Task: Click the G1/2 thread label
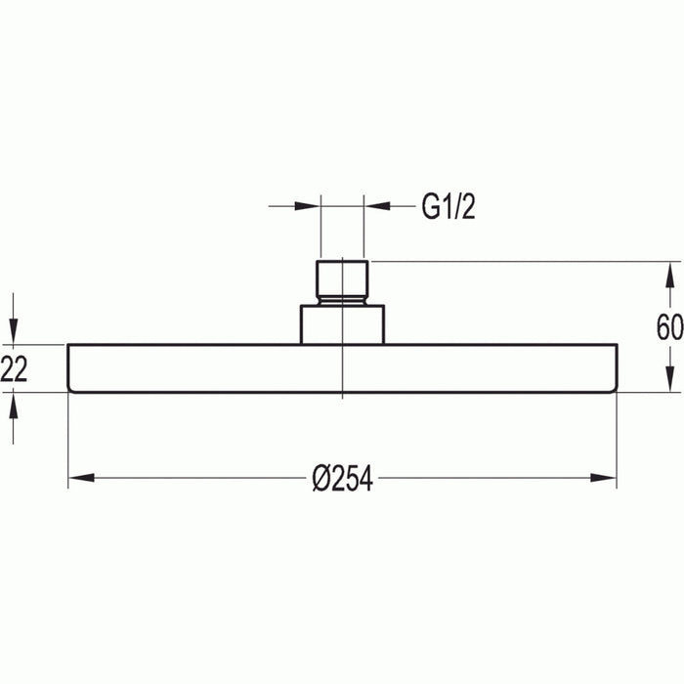[449, 208]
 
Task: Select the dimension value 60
[669, 327]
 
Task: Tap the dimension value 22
[13, 369]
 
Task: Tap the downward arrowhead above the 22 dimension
[14, 330]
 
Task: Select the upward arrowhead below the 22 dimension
[14, 406]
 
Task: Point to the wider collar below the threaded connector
[341, 322]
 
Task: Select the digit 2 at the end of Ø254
[334, 480]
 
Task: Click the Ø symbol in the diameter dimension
[320, 480]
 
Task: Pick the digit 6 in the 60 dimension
[663, 327]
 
